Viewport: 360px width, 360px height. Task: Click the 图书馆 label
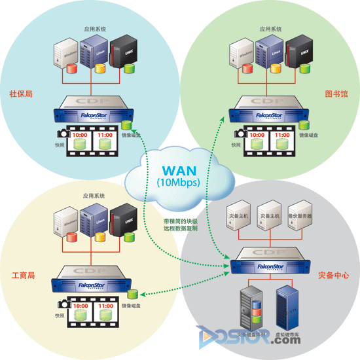pos(336,94)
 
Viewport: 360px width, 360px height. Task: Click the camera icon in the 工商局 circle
pos(63,304)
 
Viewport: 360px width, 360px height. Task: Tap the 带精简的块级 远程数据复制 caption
pos(180,225)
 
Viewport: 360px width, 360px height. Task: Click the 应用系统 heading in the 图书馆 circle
pos(270,29)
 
